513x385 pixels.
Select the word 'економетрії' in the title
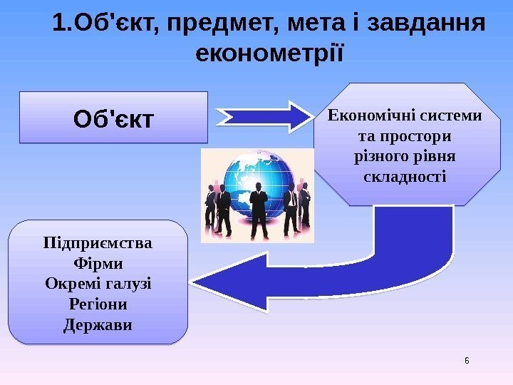click(x=269, y=54)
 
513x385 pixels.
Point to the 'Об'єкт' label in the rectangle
click(x=113, y=118)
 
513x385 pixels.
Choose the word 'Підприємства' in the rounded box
click(x=98, y=243)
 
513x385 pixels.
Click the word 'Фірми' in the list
click(x=98, y=264)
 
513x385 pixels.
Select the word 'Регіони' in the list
click(x=98, y=304)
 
